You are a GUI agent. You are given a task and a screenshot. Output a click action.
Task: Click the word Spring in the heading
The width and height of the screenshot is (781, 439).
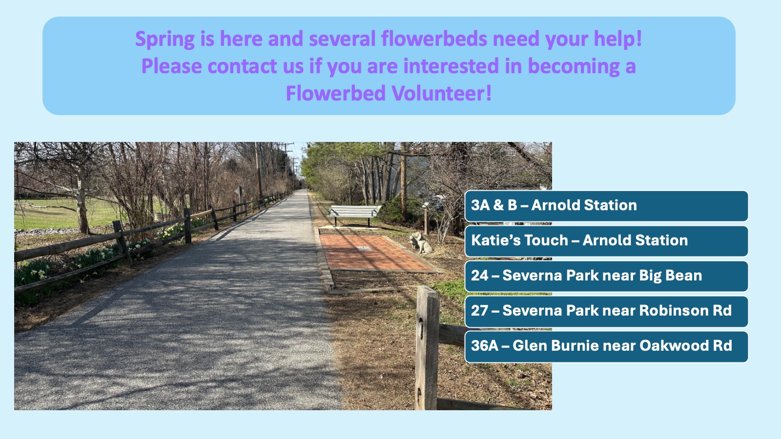[x=164, y=39]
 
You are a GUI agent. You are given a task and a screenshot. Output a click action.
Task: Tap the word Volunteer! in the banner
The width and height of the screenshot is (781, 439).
[x=441, y=93]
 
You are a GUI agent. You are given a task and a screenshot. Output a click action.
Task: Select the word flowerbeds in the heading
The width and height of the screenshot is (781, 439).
[x=434, y=38]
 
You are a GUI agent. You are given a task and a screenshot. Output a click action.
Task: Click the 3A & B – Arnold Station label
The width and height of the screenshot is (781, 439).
[x=606, y=205]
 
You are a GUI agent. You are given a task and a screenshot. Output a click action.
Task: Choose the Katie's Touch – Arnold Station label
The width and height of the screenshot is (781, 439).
[x=606, y=241]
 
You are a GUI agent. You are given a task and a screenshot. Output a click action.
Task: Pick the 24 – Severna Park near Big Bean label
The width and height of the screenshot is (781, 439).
[x=606, y=276]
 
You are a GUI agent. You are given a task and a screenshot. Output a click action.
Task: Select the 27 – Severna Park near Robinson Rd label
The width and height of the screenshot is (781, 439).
[x=606, y=311]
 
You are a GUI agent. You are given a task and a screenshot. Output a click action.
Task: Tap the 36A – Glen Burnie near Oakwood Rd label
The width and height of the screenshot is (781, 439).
[x=606, y=346]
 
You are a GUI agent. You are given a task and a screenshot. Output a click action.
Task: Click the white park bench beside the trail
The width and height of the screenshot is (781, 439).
[x=353, y=214]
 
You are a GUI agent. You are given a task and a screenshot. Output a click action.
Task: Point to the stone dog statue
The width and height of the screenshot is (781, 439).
[x=421, y=242]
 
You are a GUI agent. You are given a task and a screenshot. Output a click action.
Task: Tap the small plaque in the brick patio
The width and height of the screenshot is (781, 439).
[x=364, y=248]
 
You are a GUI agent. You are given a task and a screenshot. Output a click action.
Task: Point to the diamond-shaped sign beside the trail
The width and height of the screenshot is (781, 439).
[x=239, y=191]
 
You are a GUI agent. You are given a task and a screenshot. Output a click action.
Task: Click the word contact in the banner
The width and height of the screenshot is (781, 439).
[x=242, y=66]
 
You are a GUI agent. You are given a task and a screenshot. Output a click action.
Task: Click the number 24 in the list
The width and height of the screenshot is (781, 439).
[x=479, y=276]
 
